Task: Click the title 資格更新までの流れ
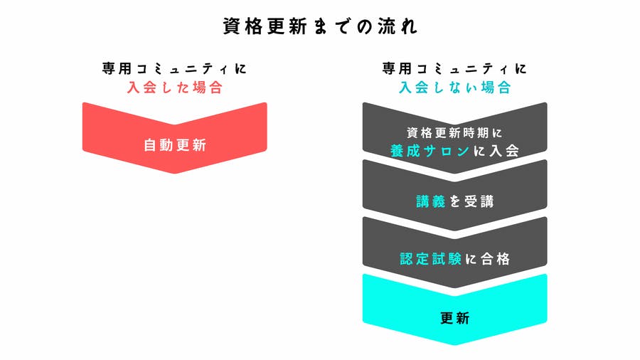point(319,27)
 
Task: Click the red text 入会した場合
point(174,88)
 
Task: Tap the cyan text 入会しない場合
point(454,88)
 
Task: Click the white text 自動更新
point(174,145)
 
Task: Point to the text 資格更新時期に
point(454,133)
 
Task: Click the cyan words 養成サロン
point(430,151)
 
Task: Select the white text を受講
point(471,201)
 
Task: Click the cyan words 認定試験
point(430,259)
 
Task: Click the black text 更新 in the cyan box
point(454,317)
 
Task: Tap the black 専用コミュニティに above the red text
point(174,70)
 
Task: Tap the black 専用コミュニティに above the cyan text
point(454,70)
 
